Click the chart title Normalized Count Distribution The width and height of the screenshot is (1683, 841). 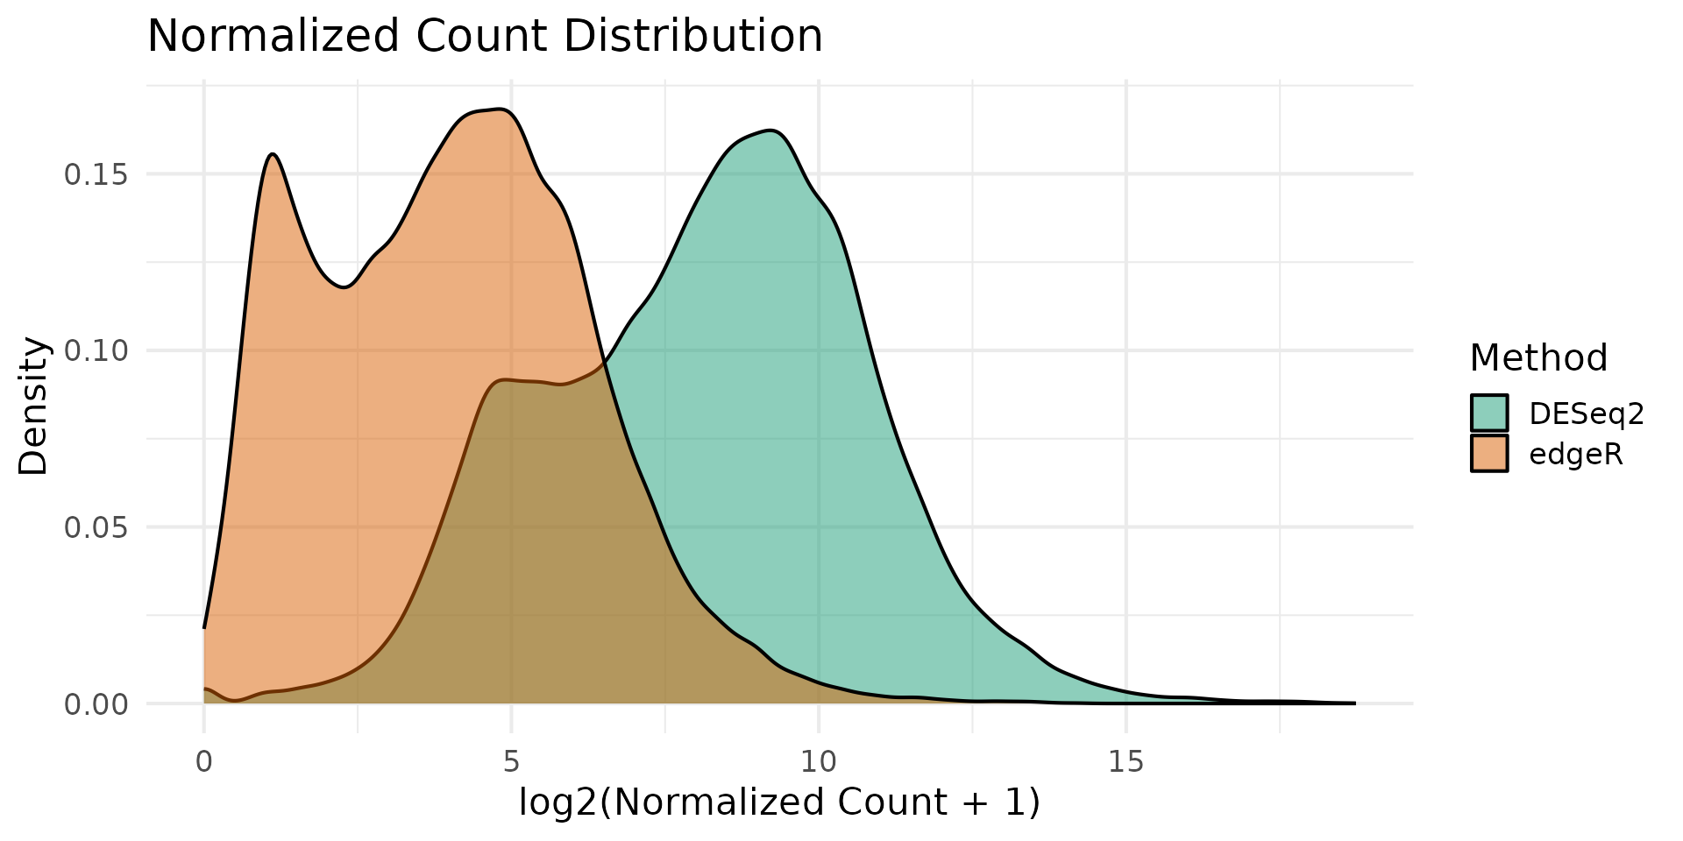point(485,37)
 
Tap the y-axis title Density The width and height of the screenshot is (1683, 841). point(33,406)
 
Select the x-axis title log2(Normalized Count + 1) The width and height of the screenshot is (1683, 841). point(779,802)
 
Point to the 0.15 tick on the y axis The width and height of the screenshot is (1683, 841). point(96,174)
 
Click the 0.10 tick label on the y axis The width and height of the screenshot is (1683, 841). point(96,351)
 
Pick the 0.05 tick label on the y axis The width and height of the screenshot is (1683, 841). point(96,527)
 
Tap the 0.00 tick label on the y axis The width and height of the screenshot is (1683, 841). point(96,704)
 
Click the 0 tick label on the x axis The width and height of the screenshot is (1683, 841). point(204,762)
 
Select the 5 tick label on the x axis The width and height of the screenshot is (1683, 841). point(511,762)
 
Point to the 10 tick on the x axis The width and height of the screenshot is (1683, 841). point(819,762)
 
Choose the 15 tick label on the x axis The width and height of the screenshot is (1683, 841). point(1126,762)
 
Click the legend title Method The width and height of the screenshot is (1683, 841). point(1538,358)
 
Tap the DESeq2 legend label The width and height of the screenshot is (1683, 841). point(1586,413)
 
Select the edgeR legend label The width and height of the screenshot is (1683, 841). point(1576,455)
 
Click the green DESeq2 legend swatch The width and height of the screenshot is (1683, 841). point(1489,413)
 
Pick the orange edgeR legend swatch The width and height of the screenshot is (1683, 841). point(1489,454)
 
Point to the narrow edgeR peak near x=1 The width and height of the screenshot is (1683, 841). point(273,154)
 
